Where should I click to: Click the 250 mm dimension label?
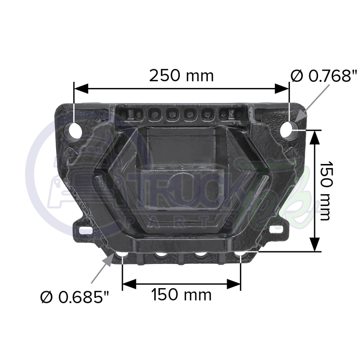tap(181, 76)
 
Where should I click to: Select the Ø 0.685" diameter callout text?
tap(75, 297)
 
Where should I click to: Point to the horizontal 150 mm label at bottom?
tap(181, 295)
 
